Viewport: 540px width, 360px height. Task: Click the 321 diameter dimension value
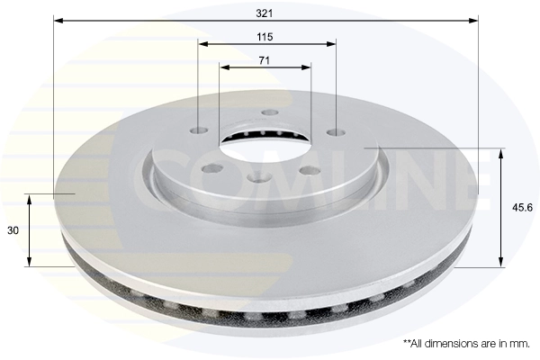(x=265, y=13)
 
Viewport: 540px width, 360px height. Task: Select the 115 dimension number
(x=265, y=37)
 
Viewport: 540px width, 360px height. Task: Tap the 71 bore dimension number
(x=265, y=60)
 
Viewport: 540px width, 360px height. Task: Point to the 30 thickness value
(x=13, y=230)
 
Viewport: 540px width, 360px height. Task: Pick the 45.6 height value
(x=519, y=207)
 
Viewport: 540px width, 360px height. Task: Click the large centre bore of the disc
(x=265, y=144)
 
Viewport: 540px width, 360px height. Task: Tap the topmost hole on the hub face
(x=269, y=112)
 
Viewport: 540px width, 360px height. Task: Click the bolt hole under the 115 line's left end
(x=199, y=130)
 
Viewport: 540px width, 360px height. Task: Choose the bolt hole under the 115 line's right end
(x=336, y=132)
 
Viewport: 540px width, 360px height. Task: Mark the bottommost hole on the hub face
(x=260, y=178)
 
